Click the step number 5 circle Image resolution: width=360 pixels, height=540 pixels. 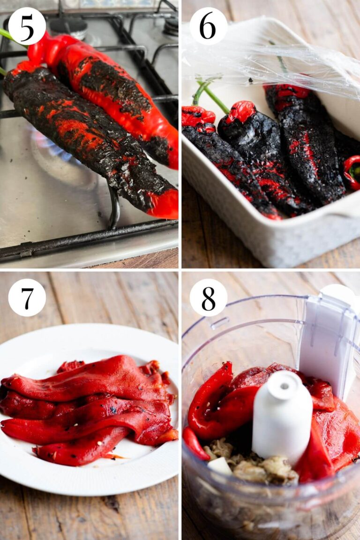[x=27, y=26]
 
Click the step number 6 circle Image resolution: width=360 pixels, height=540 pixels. [x=208, y=26]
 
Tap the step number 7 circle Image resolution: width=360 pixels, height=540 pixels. [x=27, y=297]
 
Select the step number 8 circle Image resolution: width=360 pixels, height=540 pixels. [x=208, y=297]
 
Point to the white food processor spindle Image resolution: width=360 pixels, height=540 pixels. [x=282, y=413]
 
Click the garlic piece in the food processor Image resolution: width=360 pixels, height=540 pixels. [x=219, y=465]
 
